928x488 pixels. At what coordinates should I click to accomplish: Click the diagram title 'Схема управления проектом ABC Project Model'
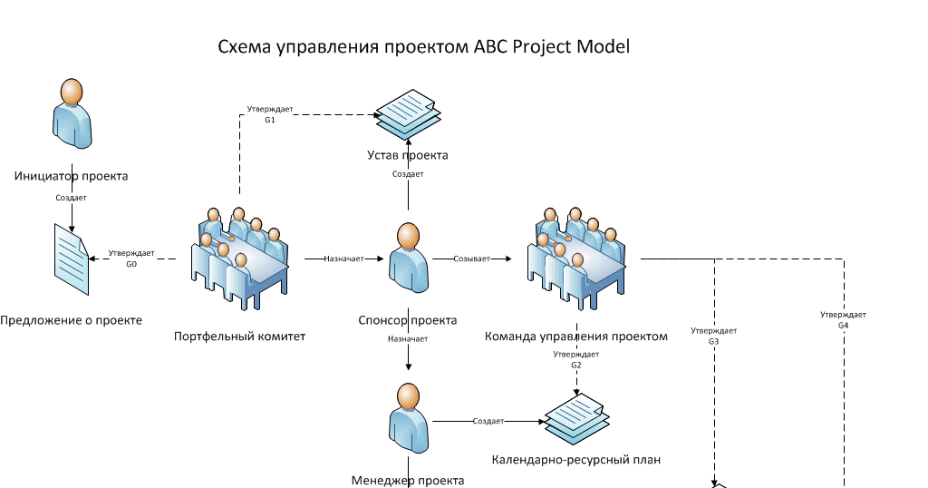click(x=423, y=46)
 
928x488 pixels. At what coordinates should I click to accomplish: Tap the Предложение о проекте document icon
click(x=70, y=259)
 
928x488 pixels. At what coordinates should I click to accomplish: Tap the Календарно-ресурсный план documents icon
click(x=575, y=418)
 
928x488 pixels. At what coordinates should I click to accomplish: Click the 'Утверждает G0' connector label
click(x=131, y=259)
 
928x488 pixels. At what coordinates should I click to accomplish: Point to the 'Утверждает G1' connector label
click(x=270, y=114)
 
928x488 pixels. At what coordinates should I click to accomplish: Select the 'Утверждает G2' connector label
click(x=575, y=359)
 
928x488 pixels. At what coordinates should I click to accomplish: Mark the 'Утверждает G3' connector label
click(x=713, y=336)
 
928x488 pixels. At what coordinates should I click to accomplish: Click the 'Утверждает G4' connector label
click(x=843, y=319)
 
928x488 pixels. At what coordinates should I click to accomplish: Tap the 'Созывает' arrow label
click(x=471, y=259)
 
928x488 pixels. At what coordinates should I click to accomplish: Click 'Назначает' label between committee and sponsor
click(x=343, y=259)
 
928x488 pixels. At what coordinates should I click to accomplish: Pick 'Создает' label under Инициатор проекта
click(x=72, y=197)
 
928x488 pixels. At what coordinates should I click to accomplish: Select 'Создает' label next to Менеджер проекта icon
click(x=488, y=422)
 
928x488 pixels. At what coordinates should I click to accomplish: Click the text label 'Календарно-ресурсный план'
click(x=575, y=460)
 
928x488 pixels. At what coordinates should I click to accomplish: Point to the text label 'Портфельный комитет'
click(x=239, y=337)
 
